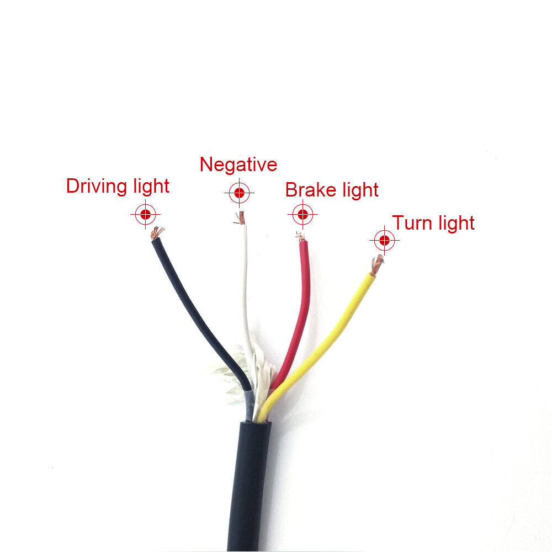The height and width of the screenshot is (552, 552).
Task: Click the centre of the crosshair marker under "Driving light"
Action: pyautogui.click(x=145, y=214)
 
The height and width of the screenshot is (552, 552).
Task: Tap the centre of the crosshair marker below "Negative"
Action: pyautogui.click(x=240, y=193)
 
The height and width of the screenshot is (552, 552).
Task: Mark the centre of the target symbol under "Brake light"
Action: pyautogui.click(x=302, y=214)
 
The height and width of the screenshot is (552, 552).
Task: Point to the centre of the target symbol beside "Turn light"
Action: pyautogui.click(x=384, y=241)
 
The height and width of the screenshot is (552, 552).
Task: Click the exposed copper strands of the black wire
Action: pyautogui.click(x=157, y=233)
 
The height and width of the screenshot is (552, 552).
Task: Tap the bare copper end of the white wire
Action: pyautogui.click(x=240, y=217)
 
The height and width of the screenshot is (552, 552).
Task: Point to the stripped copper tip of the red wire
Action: pyautogui.click(x=300, y=237)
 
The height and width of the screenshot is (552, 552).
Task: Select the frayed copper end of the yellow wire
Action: pyautogui.click(x=376, y=264)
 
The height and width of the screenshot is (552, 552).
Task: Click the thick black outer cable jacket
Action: pyautogui.click(x=250, y=486)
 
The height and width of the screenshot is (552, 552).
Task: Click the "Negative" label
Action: pyautogui.click(x=238, y=164)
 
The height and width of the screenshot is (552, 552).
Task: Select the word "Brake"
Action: pyautogui.click(x=311, y=190)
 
